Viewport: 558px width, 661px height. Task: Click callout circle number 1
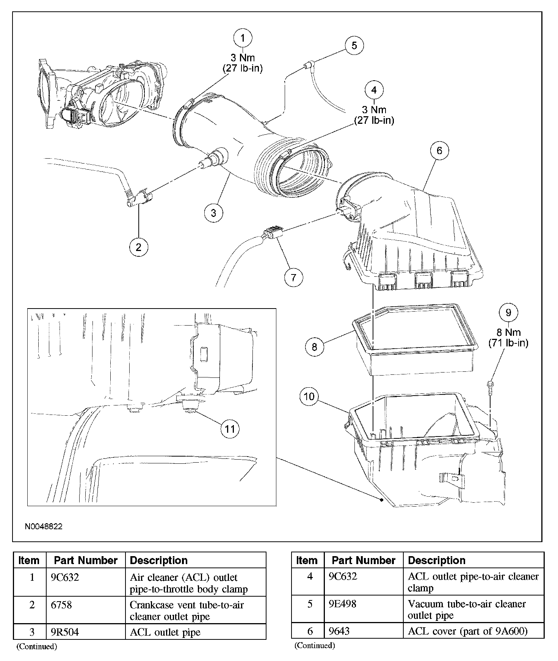tap(243, 38)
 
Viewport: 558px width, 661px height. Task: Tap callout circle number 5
tap(354, 45)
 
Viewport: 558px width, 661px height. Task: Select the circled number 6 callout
tap(439, 151)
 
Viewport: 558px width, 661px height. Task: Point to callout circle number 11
tap(230, 429)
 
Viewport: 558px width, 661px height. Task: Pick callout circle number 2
tap(138, 247)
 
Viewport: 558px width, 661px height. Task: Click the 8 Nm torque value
tap(508, 332)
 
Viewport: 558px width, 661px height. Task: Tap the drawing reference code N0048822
tap(44, 527)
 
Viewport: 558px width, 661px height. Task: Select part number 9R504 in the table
tap(65, 632)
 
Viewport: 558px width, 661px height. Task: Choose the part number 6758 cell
tap(59, 605)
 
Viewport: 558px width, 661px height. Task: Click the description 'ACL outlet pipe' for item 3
tap(165, 632)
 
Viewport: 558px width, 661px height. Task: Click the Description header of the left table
tap(159, 560)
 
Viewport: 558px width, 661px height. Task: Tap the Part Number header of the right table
tap(364, 560)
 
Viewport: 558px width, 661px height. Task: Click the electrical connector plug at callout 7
tap(272, 232)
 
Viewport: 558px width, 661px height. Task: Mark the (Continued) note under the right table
tap(315, 645)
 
